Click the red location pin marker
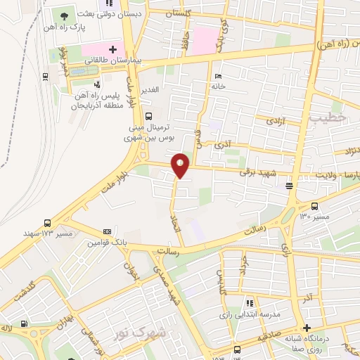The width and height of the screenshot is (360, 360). [181, 165]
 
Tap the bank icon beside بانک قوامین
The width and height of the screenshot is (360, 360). [107, 231]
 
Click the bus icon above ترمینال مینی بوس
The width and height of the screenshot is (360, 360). [148, 116]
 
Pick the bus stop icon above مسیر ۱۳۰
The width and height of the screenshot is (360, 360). [314, 206]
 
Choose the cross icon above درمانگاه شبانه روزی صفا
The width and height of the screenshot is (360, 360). [306, 328]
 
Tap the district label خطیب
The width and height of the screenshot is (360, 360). [327, 119]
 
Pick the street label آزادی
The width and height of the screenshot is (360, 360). [273, 122]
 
